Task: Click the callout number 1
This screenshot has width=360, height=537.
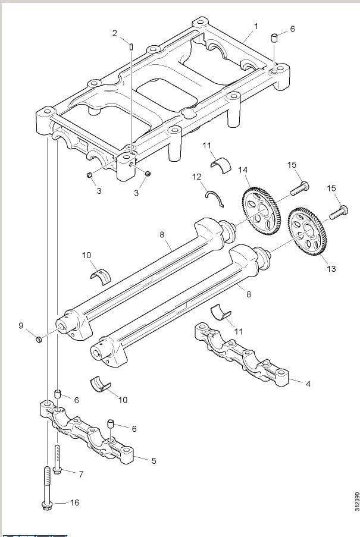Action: (x=256, y=27)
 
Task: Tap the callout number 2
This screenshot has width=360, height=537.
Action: (x=115, y=33)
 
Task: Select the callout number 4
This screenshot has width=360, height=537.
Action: (x=308, y=384)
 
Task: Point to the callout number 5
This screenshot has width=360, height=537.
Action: (x=154, y=461)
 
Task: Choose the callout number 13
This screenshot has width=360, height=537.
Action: (x=331, y=269)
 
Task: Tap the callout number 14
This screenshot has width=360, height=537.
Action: (x=243, y=170)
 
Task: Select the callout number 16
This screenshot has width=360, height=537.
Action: (x=74, y=503)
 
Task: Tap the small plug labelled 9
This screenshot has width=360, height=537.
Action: (x=37, y=340)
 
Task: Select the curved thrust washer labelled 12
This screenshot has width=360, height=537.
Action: (x=214, y=198)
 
